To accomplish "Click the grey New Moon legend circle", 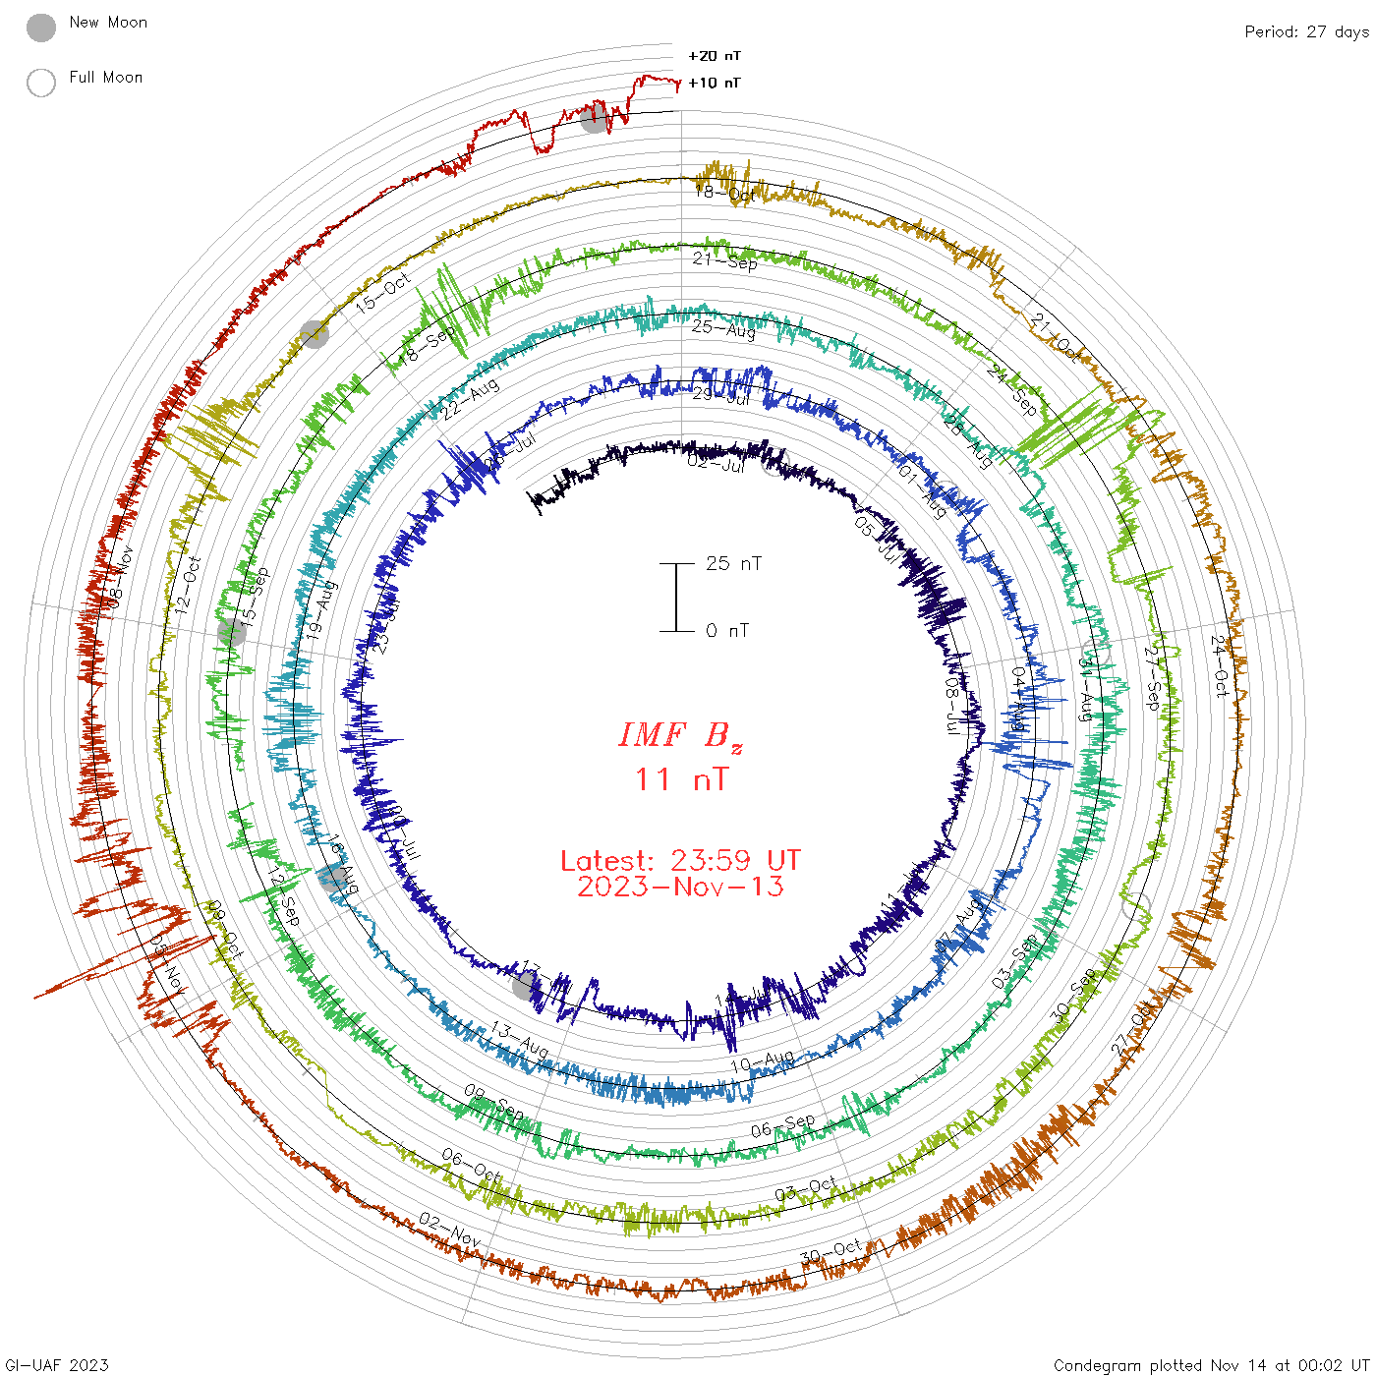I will (x=41, y=29).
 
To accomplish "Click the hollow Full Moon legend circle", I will (x=41, y=83).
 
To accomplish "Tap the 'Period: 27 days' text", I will (x=1306, y=32).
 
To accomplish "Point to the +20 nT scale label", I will (x=715, y=56).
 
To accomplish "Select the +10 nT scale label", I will (x=715, y=83).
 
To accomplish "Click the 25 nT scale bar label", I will (x=733, y=564).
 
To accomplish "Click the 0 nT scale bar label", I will (x=727, y=631).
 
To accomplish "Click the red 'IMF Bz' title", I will (x=680, y=735).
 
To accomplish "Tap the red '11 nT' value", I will (x=681, y=779).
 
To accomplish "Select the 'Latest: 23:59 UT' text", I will (x=680, y=861).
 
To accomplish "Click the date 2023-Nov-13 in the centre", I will (x=680, y=887).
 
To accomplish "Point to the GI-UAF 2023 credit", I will (x=57, y=1365).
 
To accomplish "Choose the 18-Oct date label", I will (x=725, y=193).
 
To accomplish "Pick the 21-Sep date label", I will (x=725, y=260).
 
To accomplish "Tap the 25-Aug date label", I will (x=723, y=328).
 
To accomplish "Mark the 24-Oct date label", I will (x=1219, y=666).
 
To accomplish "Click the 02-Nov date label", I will (x=449, y=1231).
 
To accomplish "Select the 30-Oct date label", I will (x=831, y=1253).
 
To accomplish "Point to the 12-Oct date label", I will (x=188, y=586).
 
